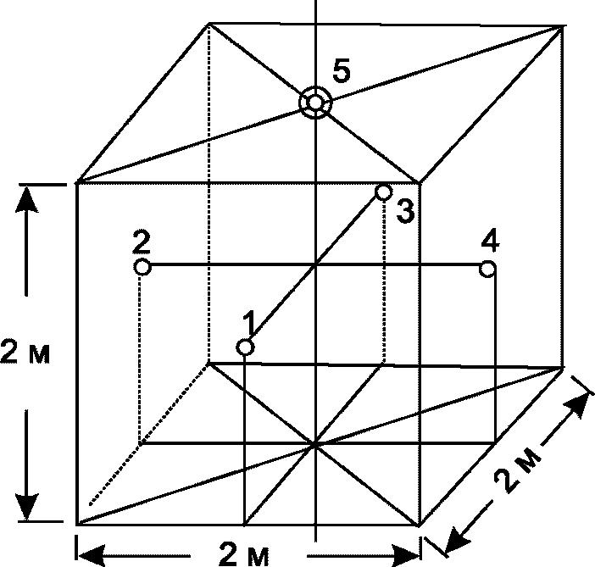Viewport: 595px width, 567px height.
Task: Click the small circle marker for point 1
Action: [245, 347]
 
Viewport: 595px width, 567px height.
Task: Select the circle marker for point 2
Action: [142, 267]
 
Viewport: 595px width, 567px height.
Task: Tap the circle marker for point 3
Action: [383, 192]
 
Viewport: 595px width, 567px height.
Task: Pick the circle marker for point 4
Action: [487, 269]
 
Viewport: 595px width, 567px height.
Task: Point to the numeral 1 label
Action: [249, 324]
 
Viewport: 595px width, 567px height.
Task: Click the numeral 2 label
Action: [142, 242]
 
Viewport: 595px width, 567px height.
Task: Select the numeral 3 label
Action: [405, 211]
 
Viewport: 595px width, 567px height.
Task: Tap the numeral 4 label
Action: [490, 242]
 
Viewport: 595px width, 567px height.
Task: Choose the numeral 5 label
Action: [342, 70]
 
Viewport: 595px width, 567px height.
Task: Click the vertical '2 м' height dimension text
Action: [25, 352]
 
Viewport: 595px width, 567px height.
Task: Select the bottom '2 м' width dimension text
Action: [244, 556]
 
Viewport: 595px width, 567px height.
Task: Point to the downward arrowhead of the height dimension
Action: [26, 507]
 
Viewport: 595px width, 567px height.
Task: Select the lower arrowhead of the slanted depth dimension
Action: [457, 540]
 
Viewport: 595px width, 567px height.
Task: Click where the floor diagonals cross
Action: [315, 444]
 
